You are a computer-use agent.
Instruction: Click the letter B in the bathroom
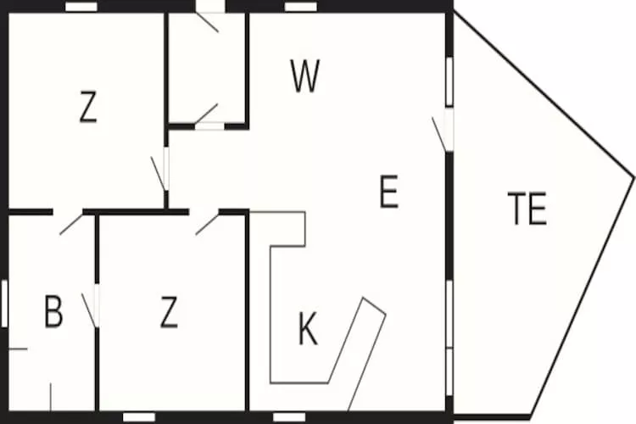pos(53,311)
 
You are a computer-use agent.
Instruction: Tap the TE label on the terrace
pos(527,208)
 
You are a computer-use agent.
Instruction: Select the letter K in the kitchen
pos(308,328)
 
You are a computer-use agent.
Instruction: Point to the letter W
pos(305,75)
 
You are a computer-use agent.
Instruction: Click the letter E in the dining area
pos(389,192)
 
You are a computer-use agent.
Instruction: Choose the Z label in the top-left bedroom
pos(88,107)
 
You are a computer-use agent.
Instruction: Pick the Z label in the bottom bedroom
pos(169,311)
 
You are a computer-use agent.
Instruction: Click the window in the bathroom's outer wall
pos(4,304)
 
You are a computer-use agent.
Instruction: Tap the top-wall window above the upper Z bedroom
pos(81,7)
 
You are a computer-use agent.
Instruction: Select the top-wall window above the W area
pos(300,7)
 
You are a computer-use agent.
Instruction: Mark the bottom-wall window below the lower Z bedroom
pos(139,417)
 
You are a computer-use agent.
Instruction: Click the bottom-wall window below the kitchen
pos(289,417)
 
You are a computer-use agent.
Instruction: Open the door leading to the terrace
pos(444,130)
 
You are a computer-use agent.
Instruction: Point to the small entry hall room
pos(206,68)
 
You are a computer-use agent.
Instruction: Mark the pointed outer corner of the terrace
pos(633,177)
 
